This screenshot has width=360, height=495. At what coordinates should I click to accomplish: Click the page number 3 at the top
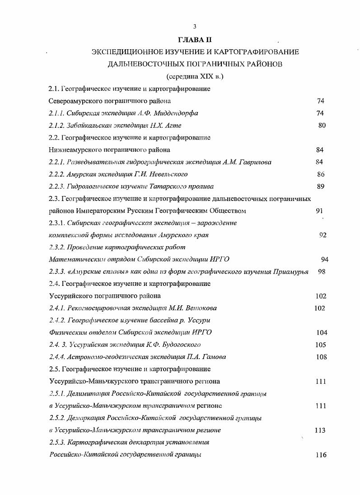(x=194, y=26)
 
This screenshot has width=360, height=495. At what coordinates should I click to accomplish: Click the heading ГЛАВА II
(x=195, y=40)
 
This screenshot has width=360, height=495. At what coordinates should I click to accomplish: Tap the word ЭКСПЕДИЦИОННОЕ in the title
(x=123, y=52)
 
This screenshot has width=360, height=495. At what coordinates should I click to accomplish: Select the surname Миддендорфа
(x=176, y=113)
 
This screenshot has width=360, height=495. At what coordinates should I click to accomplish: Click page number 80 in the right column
(x=322, y=125)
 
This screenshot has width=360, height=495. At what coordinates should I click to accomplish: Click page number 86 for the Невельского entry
(x=321, y=174)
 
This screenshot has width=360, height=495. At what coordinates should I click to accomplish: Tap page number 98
(x=322, y=271)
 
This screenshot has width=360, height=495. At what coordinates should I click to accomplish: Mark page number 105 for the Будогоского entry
(x=320, y=345)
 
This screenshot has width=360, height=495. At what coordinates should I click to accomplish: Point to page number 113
(x=320, y=430)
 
